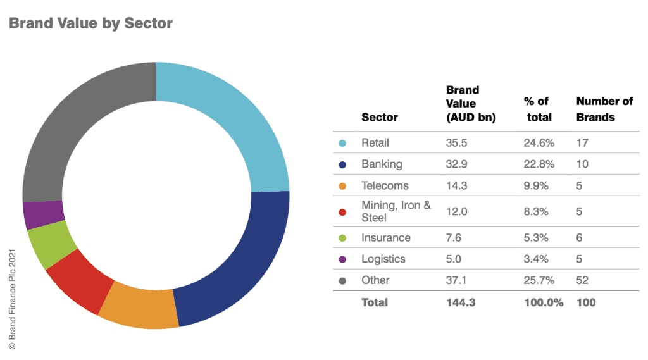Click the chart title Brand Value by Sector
(x=90, y=23)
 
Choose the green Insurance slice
(x=50, y=244)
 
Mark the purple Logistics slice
(x=42, y=215)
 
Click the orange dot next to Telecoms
(x=342, y=186)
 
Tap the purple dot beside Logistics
(x=342, y=259)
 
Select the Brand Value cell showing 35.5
(x=456, y=143)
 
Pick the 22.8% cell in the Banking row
(x=539, y=164)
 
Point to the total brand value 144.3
(x=461, y=302)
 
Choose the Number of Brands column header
(x=604, y=109)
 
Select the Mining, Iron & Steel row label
(x=396, y=211)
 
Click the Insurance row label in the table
(x=386, y=238)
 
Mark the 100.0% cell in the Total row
(x=544, y=302)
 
